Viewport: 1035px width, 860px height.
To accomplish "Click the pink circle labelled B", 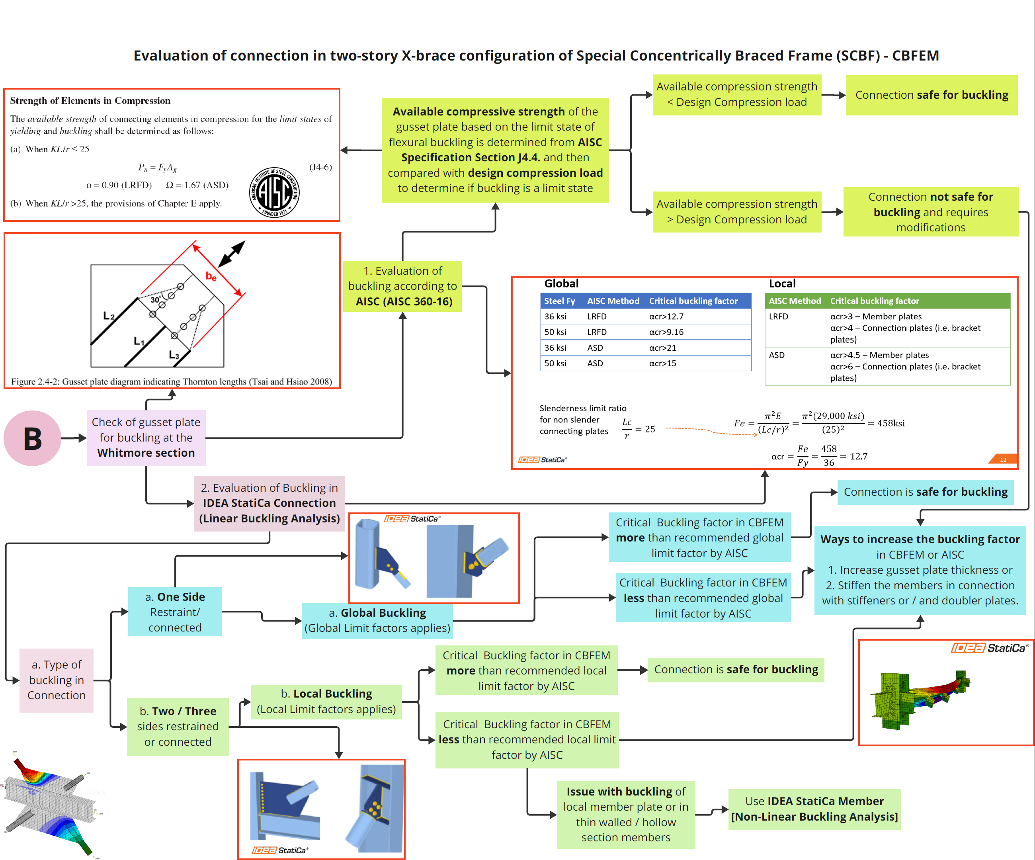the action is coord(33,438).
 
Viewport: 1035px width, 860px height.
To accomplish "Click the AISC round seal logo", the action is coord(275,192).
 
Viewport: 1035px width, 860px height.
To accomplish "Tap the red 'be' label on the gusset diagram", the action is coord(211,276).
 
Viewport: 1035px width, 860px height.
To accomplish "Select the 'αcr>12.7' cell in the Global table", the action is coord(666,317).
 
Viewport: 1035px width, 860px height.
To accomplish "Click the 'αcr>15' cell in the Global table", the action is coord(662,363).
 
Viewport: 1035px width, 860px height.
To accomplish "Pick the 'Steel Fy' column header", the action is coord(559,301).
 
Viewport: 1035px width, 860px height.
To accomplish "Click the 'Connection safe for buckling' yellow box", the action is coord(931,95).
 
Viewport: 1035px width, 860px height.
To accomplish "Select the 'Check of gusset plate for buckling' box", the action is coord(146,438).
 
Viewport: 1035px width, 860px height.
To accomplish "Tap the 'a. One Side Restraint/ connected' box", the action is coord(175,612).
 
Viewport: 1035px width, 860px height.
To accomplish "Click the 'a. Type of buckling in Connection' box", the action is coord(57,680).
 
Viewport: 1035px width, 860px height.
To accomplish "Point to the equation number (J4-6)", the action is coord(320,167).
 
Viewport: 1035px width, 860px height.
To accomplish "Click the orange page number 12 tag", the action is coord(1002,459).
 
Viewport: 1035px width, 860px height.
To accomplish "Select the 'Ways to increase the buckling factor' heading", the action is coord(920,539).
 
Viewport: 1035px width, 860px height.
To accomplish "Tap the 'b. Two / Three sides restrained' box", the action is coord(178,727).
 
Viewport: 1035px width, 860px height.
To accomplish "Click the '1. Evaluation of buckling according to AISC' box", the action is coord(403,286).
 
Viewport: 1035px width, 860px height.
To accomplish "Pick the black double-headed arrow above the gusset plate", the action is coord(232,254).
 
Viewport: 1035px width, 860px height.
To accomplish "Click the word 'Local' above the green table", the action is coord(782,283).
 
